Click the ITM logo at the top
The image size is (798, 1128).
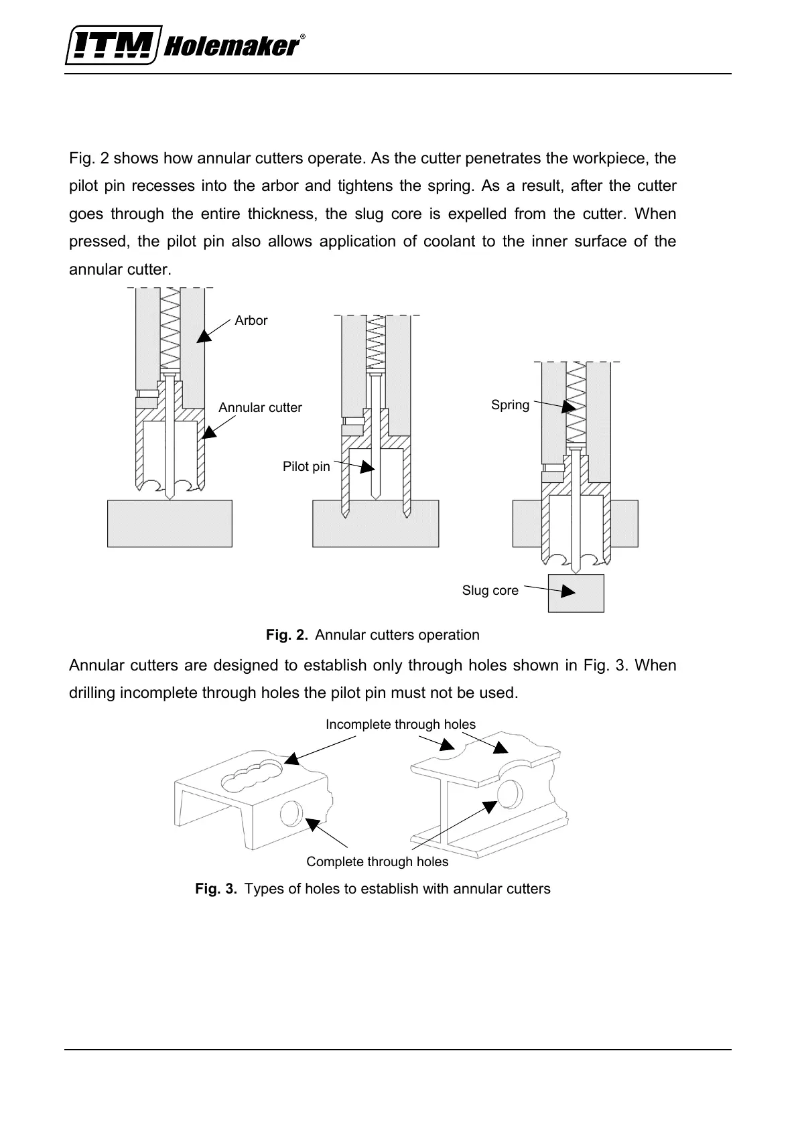click(113, 46)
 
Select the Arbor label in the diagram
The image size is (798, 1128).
click(251, 321)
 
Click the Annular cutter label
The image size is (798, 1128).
click(260, 408)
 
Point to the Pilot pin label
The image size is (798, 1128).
click(306, 467)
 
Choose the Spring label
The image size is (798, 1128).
click(510, 405)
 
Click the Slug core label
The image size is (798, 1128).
click(490, 591)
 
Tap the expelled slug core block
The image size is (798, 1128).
click(576, 593)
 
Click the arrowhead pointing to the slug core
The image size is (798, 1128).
click(568, 591)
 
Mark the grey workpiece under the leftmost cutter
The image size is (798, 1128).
click(170, 523)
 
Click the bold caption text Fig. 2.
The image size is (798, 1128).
click(287, 635)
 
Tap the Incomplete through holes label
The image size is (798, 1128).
click(400, 725)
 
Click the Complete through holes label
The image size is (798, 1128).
click(377, 862)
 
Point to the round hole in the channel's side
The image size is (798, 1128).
click(291, 814)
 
